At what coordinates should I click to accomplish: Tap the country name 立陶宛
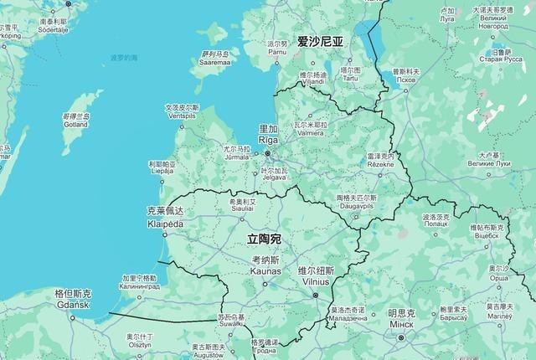(x=265, y=239)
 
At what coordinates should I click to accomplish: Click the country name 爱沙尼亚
(x=320, y=41)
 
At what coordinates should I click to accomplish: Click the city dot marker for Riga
(x=268, y=153)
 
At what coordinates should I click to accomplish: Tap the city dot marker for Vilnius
(x=316, y=295)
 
